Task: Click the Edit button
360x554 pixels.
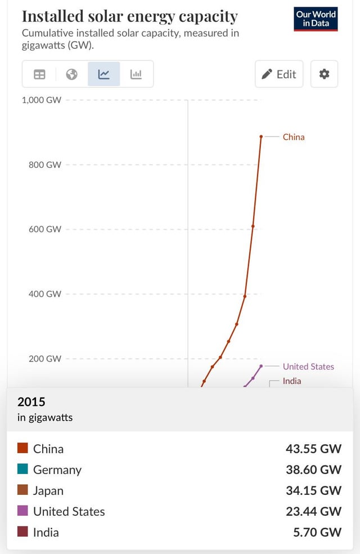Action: pyautogui.click(x=279, y=74)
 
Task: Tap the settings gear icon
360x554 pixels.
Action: pyautogui.click(x=324, y=74)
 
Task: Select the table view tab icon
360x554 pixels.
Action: pyautogui.click(x=39, y=74)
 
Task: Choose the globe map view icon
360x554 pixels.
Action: pyautogui.click(x=71, y=74)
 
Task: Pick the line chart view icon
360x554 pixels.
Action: pyautogui.click(x=104, y=74)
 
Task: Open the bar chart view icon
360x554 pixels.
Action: pyautogui.click(x=136, y=74)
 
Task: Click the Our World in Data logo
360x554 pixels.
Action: pyautogui.click(x=316, y=19)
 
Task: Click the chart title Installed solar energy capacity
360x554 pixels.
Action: pyautogui.click(x=129, y=16)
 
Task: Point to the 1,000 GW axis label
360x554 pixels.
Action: pyautogui.click(x=42, y=100)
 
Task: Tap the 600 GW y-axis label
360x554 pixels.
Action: pyautogui.click(x=45, y=229)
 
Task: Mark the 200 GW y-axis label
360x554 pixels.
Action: pyautogui.click(x=45, y=359)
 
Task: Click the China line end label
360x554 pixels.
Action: pyautogui.click(x=293, y=137)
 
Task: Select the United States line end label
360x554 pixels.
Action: pyautogui.click(x=308, y=367)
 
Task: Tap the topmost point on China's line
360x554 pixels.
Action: pyautogui.click(x=261, y=136)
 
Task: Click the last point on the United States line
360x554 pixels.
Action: pyautogui.click(x=261, y=366)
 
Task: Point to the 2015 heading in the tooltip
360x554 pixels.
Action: pyautogui.click(x=31, y=402)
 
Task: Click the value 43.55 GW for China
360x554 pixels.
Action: pyautogui.click(x=313, y=449)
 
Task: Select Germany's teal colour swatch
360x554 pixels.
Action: pyautogui.click(x=22, y=469)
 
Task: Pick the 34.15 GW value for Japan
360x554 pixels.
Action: pyautogui.click(x=313, y=490)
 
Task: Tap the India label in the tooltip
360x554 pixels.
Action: pyautogui.click(x=46, y=532)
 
